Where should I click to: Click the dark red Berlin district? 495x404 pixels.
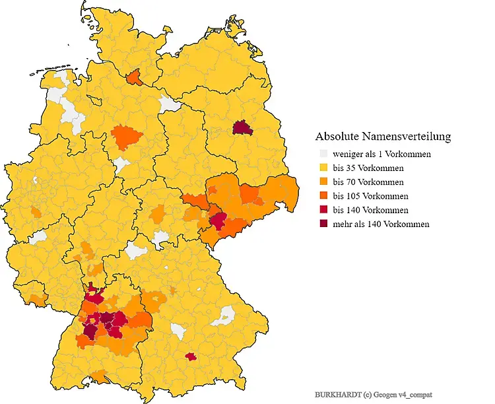click(243, 127)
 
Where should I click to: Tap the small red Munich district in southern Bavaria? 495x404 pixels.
click(191, 356)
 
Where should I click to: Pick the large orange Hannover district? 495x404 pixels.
click(127, 138)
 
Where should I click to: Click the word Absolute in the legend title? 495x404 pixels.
click(337, 137)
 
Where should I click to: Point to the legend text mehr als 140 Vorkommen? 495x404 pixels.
click(381, 224)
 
